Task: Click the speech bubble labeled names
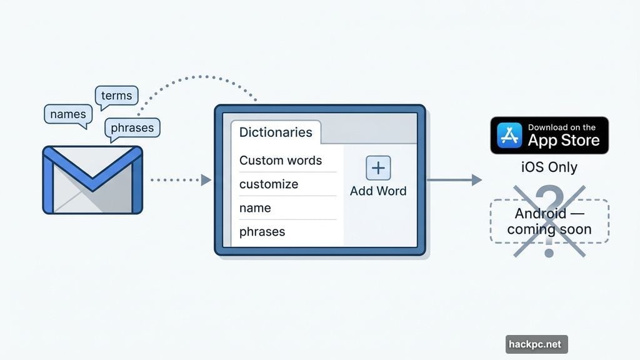pyautogui.click(x=67, y=114)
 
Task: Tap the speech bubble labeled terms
pyautogui.click(x=116, y=96)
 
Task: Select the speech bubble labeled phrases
pyautogui.click(x=132, y=128)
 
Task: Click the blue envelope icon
pyautogui.click(x=92, y=180)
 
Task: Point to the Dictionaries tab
pyautogui.click(x=276, y=132)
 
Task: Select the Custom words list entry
pyautogui.click(x=281, y=161)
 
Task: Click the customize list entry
pyautogui.click(x=269, y=184)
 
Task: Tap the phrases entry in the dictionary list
pyautogui.click(x=262, y=232)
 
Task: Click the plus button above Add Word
pyautogui.click(x=378, y=169)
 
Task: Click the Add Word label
pyautogui.click(x=378, y=191)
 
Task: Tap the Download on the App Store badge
pyautogui.click(x=549, y=135)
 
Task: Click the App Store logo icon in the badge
pyautogui.click(x=509, y=136)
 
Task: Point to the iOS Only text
pyautogui.click(x=549, y=167)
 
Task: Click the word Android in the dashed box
pyautogui.click(x=541, y=214)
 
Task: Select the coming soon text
pyautogui.click(x=549, y=229)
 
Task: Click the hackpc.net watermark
pyautogui.click(x=536, y=344)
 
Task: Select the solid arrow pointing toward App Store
pyautogui.click(x=454, y=180)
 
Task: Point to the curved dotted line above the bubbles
pyautogui.click(x=200, y=77)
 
